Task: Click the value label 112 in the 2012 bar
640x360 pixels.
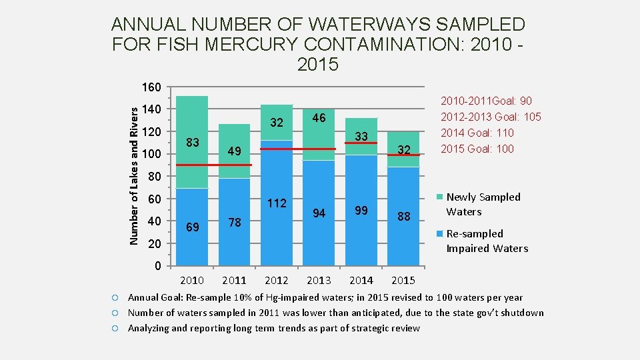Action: pos(276,203)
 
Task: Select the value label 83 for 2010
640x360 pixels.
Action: pos(193,142)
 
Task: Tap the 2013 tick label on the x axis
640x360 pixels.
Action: pos(319,280)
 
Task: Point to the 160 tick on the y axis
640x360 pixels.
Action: pos(151,87)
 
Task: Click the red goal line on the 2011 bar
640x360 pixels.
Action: pos(234,165)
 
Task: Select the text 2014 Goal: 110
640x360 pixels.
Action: pos(477,133)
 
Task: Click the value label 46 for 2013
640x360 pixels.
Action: pos(319,118)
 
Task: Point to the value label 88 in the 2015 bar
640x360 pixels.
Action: pos(403,217)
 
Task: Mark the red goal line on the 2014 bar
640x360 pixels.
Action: pos(361,143)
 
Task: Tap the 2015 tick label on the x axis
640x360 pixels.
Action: pos(403,280)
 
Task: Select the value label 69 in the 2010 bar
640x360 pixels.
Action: pos(193,227)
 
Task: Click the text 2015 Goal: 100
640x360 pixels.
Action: pos(477,149)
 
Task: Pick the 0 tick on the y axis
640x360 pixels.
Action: pos(157,267)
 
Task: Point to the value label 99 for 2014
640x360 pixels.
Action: pos(361,210)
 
